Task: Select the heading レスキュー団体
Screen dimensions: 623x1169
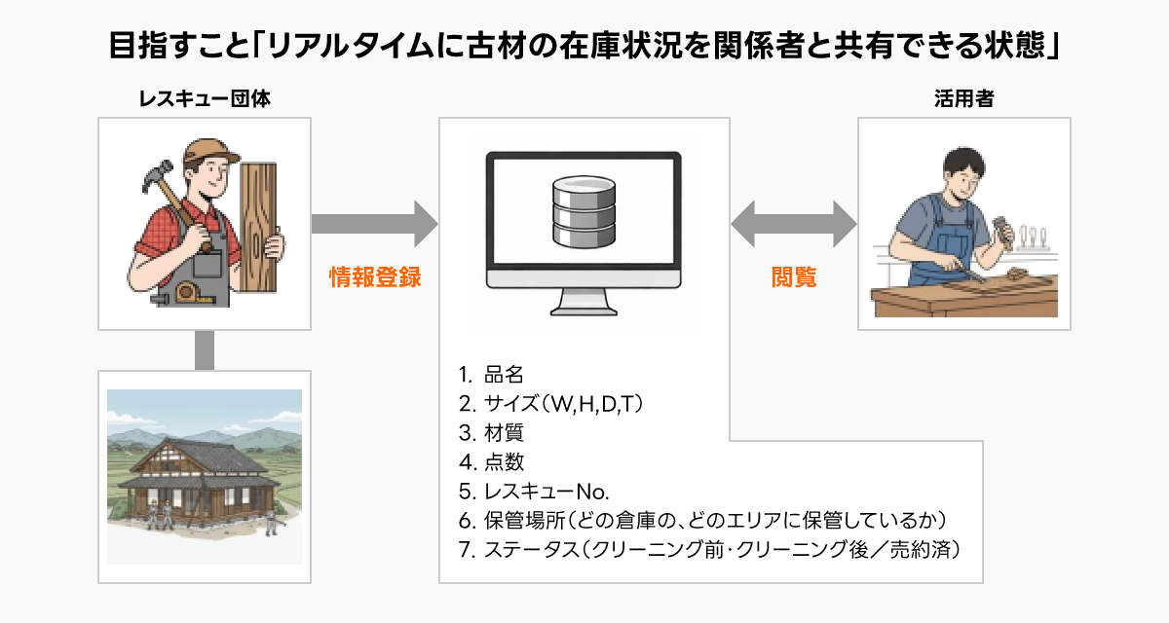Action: pos(203,98)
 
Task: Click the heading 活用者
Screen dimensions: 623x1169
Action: pos(962,98)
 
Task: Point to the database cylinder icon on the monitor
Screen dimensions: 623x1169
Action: pos(584,211)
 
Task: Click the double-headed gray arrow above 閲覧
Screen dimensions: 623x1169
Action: pos(794,224)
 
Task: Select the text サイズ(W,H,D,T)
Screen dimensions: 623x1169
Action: pos(565,402)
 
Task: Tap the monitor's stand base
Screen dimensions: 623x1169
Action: pos(584,310)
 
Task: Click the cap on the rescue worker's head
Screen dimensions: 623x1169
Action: pos(207,151)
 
